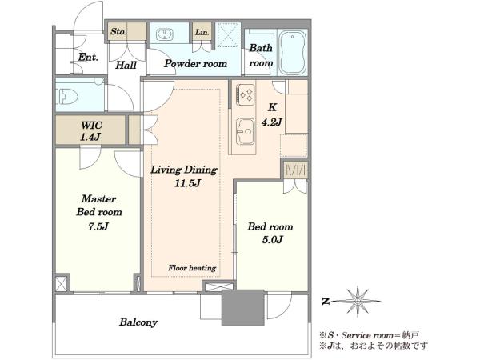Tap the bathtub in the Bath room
(x=292, y=52)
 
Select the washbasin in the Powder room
(x=165, y=34)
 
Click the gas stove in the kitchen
(x=245, y=94)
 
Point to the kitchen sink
(x=245, y=131)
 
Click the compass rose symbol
(x=357, y=302)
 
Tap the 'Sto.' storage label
(x=118, y=31)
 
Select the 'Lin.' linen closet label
(x=202, y=32)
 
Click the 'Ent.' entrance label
(x=88, y=57)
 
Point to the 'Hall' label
(x=126, y=65)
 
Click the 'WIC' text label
(x=91, y=126)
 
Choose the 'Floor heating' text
(x=192, y=268)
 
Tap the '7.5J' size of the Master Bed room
(x=98, y=227)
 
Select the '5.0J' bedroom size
(x=272, y=239)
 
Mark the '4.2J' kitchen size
(x=271, y=122)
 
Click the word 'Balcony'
(x=138, y=322)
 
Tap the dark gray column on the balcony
(x=243, y=308)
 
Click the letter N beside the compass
(x=326, y=302)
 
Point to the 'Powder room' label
(x=195, y=64)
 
